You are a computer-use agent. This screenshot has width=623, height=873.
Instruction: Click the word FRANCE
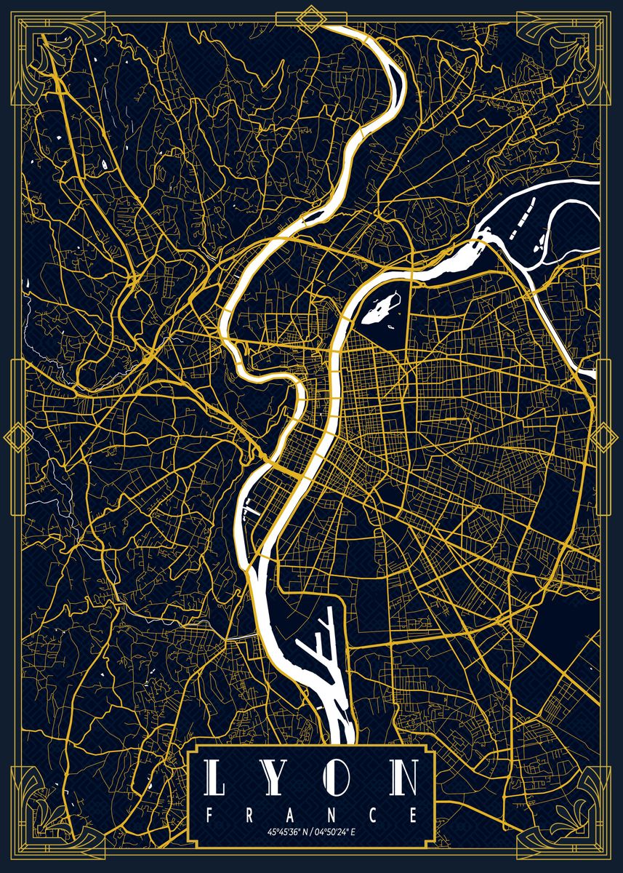312,814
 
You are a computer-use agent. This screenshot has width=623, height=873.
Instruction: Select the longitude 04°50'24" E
337,832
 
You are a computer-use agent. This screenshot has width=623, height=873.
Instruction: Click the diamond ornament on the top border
312,18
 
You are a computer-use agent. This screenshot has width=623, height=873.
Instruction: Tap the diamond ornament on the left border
16,437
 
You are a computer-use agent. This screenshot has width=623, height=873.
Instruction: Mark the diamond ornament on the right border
605,437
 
